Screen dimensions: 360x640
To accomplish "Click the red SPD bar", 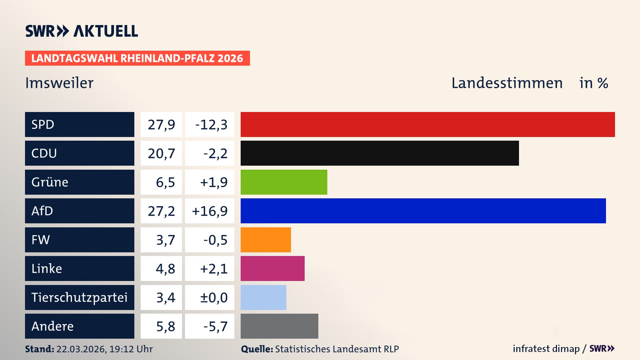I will [428, 124].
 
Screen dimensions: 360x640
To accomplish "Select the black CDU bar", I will [380, 153].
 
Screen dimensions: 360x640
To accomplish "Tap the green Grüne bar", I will [284, 182].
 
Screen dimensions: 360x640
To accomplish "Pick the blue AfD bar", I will [423, 211].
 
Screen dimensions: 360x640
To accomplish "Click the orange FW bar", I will [266, 240].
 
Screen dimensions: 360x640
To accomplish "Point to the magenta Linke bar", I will [272, 268].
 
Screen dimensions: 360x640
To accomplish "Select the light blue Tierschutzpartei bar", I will [263, 297].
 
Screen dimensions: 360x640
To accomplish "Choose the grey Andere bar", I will [279, 326].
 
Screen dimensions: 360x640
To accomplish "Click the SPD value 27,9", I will [161, 125].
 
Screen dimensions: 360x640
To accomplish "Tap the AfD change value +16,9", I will [210, 211].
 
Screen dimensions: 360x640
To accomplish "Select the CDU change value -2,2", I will [215, 153].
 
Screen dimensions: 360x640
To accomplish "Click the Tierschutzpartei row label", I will [79, 297].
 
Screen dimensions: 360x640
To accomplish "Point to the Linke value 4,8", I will [165, 269].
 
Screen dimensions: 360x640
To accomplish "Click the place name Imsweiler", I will [59, 83].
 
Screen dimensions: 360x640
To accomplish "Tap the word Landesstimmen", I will [507, 83].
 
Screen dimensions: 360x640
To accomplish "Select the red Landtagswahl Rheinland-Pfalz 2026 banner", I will [137, 58].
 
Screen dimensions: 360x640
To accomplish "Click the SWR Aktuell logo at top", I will [82, 31].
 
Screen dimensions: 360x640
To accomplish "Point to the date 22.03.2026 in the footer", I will [81, 349].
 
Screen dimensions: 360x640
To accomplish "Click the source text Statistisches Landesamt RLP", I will [337, 349].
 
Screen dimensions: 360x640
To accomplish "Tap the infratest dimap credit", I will [546, 349].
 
